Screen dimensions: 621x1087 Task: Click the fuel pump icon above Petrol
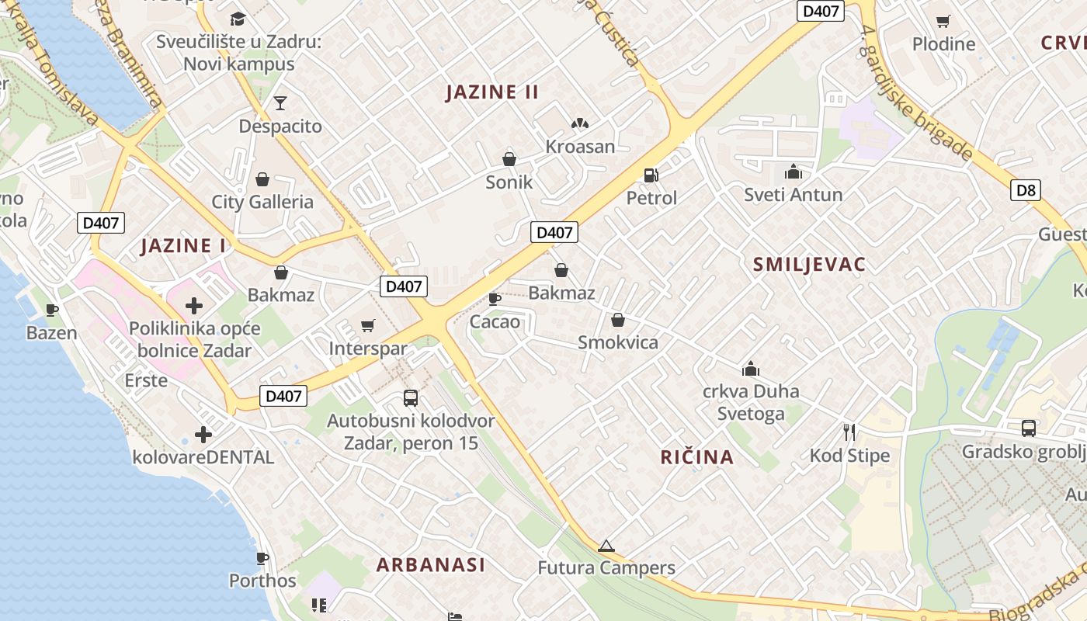point(651,176)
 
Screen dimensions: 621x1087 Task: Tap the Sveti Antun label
point(793,194)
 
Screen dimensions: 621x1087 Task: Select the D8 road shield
point(1025,190)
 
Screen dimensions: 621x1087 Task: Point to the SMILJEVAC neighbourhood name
point(809,265)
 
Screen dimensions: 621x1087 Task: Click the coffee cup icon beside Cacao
point(494,299)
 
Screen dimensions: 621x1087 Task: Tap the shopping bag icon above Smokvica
point(618,320)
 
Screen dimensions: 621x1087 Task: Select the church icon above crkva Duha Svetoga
point(750,369)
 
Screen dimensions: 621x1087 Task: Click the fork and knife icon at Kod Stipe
point(849,432)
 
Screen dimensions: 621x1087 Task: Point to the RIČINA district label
point(697,457)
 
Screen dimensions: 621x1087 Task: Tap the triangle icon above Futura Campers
point(606,546)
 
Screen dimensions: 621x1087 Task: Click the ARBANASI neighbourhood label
point(431,565)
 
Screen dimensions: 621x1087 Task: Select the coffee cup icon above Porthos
point(262,558)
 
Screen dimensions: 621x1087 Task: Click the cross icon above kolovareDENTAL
point(203,435)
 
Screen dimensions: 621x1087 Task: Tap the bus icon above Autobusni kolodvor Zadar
point(411,398)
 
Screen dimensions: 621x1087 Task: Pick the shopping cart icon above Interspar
point(367,326)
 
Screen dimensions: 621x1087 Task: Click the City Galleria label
point(262,203)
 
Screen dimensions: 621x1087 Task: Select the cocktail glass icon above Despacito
point(280,103)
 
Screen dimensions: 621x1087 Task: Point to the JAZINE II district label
point(492,92)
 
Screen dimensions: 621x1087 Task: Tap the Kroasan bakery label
point(580,147)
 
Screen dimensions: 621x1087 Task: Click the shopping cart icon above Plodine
point(943,22)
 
